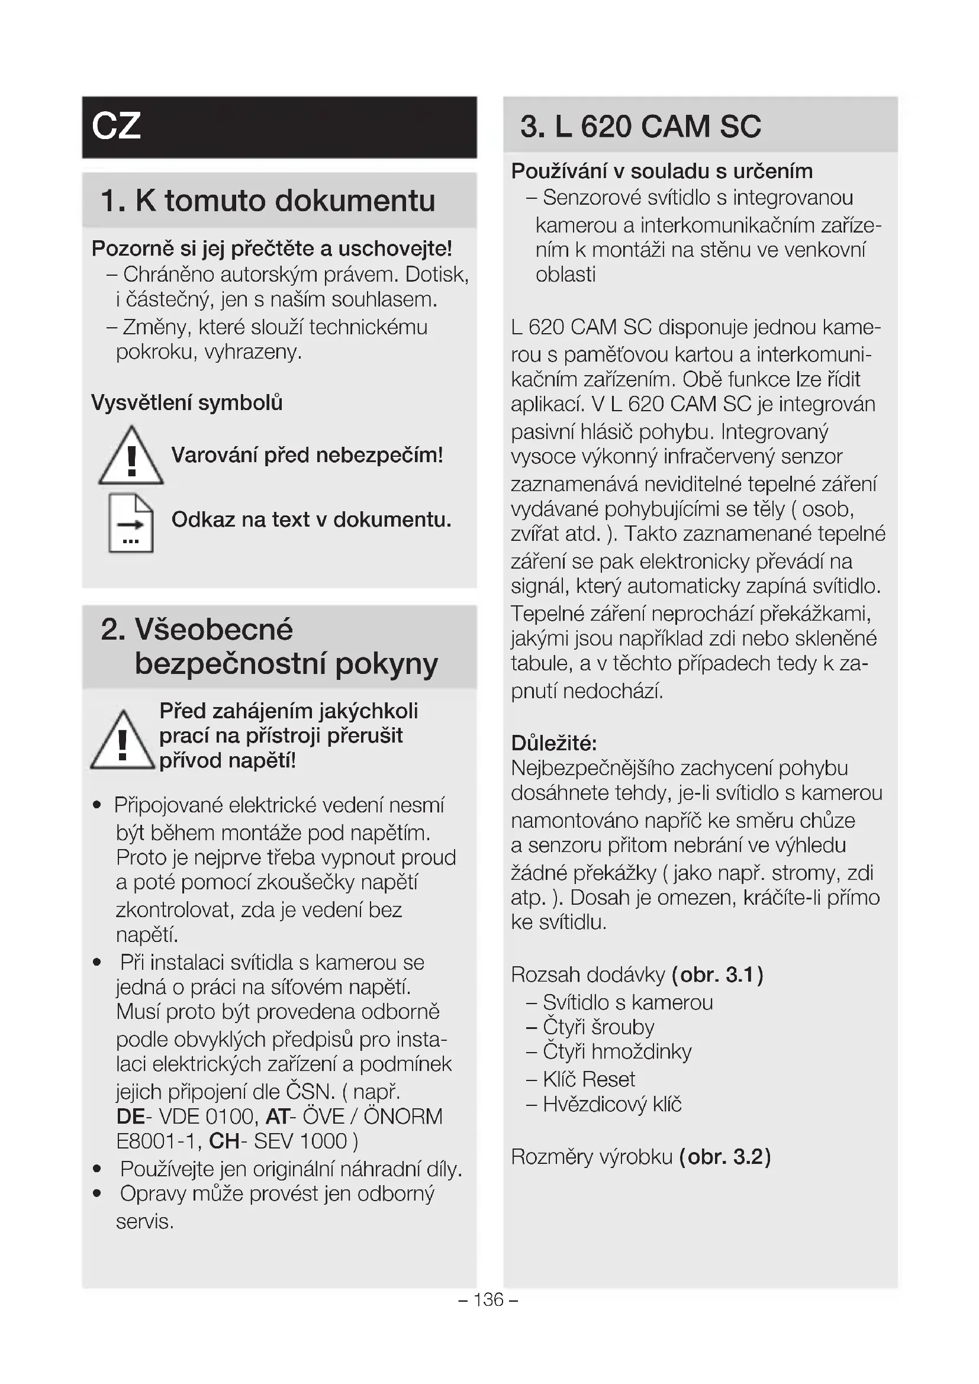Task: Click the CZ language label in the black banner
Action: click(x=117, y=126)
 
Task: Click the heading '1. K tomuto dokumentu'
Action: click(x=268, y=201)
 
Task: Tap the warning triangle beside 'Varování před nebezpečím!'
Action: click(x=131, y=456)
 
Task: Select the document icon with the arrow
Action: click(x=131, y=523)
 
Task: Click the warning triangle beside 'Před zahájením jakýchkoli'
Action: click(x=123, y=741)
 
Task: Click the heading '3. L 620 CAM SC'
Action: click(x=640, y=127)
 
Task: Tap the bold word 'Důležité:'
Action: click(x=553, y=743)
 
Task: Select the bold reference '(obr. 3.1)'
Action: click(x=717, y=975)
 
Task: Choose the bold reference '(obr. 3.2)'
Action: click(x=724, y=1157)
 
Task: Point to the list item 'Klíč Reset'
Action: click(x=588, y=1079)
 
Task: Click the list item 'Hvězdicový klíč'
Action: click(x=611, y=1104)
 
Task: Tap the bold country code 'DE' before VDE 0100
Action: click(x=130, y=1117)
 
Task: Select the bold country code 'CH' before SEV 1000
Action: click(x=224, y=1141)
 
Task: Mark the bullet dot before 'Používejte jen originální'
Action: click(x=97, y=1169)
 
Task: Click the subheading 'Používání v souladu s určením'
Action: click(x=661, y=171)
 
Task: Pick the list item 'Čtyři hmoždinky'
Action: click(x=617, y=1051)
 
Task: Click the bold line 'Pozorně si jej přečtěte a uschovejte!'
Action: click(x=271, y=249)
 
